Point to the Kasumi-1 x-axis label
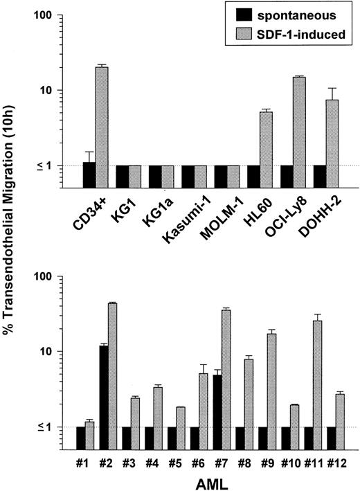click(182, 219)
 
